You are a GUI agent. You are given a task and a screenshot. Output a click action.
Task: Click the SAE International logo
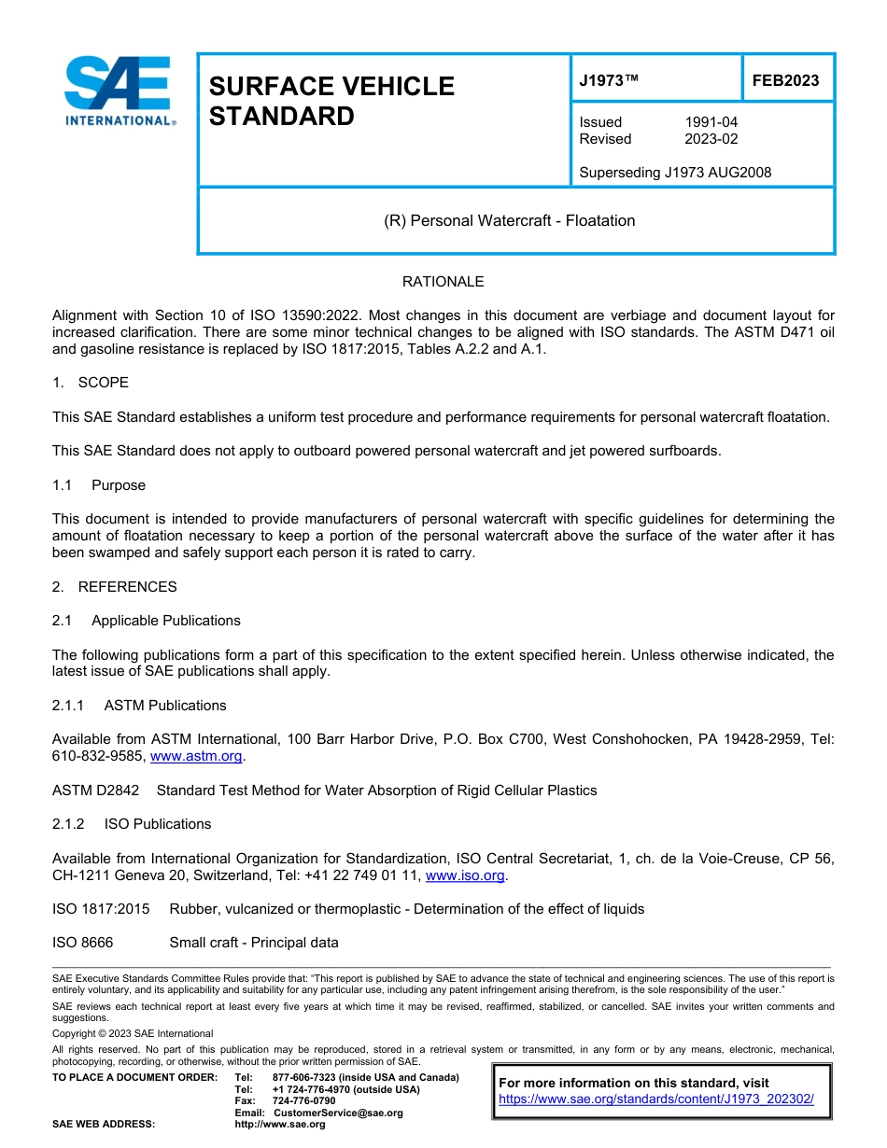tap(119, 91)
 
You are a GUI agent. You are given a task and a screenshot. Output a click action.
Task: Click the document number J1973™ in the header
tap(609, 80)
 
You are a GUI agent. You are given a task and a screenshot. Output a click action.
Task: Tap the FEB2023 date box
tap(785, 80)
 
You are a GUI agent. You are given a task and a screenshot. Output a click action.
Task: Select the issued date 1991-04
tap(711, 122)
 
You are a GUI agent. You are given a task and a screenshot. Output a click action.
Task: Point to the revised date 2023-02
tap(711, 139)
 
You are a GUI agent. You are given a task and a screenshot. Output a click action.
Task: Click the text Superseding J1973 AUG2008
tap(675, 173)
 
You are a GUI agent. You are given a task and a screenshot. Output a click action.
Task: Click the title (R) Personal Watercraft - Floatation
tap(510, 221)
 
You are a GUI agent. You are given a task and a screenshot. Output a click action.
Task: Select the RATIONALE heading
tap(443, 282)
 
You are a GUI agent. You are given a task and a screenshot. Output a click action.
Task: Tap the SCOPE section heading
tap(103, 383)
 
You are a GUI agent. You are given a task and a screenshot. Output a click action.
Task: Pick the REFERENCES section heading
tap(127, 587)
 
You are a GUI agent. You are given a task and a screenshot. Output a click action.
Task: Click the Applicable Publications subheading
tap(165, 621)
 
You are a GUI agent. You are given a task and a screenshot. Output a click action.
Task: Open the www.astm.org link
tap(196, 757)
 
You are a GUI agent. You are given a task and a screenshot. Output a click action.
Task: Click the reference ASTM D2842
tap(95, 791)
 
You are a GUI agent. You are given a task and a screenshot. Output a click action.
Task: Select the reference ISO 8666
tap(82, 943)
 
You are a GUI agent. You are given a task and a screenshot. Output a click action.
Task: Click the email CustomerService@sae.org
tap(338, 1113)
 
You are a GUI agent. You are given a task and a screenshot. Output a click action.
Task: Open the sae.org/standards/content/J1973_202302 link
tap(656, 1099)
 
